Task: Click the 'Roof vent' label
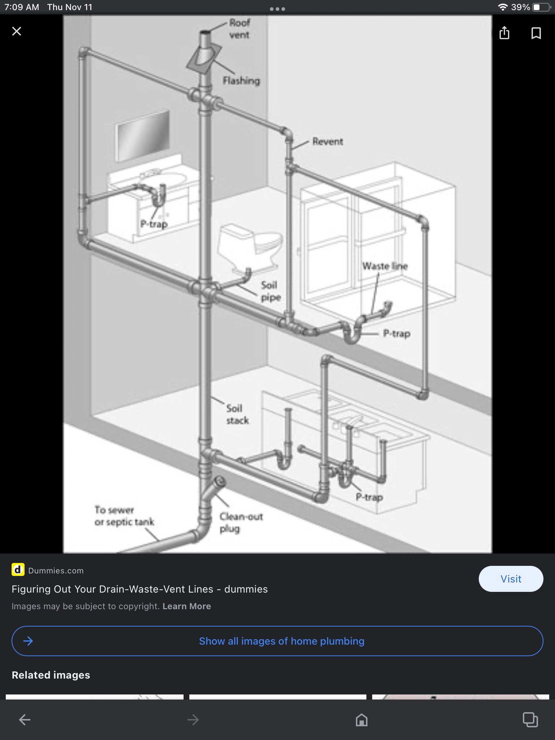pos(239,29)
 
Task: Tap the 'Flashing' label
pos(241,81)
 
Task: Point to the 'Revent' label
pos(327,141)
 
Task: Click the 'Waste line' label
pos(385,266)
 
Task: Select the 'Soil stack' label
pos(237,414)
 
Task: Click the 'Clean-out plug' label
pos(241,522)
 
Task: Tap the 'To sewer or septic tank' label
pos(124,516)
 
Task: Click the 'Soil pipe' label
pos(271,291)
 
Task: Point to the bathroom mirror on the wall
pos(142,136)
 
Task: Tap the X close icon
pos(17,31)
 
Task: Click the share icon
pos(504,33)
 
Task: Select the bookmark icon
pos(536,33)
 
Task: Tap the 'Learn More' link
pos(187,606)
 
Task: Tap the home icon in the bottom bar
pos(362,720)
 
